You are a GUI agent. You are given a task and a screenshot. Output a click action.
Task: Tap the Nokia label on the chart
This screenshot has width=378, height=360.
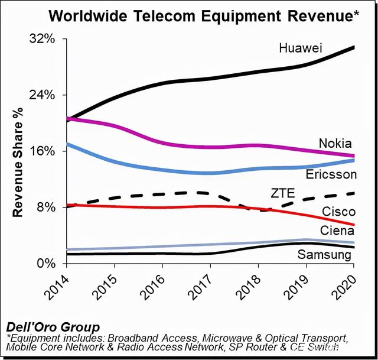[335, 143]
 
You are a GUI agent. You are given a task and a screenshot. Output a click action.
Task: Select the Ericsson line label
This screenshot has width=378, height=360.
[331, 174]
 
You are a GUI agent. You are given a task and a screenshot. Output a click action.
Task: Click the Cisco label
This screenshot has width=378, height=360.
[338, 212]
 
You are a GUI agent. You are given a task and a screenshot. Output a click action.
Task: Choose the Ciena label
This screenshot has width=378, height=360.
[337, 231]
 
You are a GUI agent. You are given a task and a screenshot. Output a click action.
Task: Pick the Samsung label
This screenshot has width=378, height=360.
[324, 255]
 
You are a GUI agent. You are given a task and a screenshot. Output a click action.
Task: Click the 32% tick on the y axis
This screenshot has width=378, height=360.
[43, 40]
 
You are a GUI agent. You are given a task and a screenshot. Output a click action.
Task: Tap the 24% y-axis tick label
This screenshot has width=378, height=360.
[43, 95]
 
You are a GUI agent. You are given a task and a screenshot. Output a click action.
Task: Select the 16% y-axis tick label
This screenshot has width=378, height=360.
[43, 151]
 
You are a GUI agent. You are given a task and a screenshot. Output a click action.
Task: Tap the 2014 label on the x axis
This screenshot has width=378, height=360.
[59, 288]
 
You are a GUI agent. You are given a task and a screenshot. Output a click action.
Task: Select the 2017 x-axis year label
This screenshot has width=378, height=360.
[203, 288]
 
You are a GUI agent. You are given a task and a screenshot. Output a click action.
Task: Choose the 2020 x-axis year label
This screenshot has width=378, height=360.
[346, 288]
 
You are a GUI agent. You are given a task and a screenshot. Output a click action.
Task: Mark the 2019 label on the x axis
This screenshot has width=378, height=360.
[298, 288]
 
